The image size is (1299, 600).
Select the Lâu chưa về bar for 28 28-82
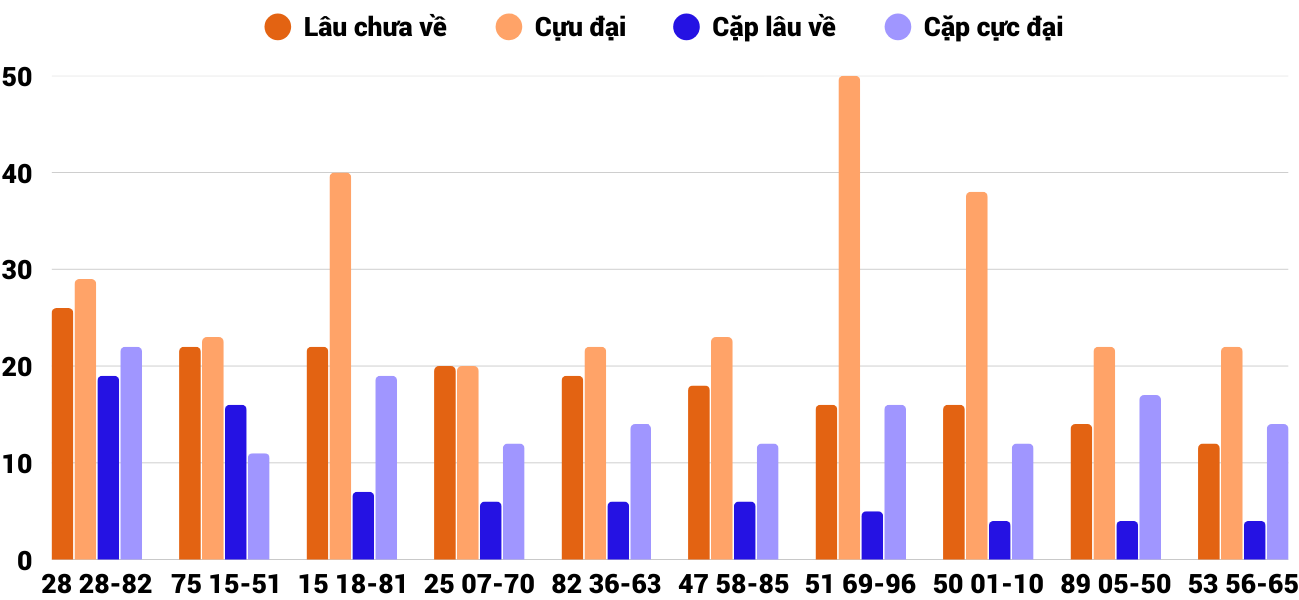[x=62, y=434]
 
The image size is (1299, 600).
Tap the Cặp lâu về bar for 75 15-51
[x=235, y=482]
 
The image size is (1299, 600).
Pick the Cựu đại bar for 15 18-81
[x=340, y=366]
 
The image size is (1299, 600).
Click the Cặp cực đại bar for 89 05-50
[x=1149, y=477]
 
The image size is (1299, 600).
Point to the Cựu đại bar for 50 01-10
[x=976, y=376]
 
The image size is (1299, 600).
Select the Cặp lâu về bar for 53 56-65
[x=1254, y=540]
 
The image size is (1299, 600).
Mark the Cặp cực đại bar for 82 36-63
[x=641, y=492]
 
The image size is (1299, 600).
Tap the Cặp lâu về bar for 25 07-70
[x=490, y=530]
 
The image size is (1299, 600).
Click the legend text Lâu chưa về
[x=375, y=27]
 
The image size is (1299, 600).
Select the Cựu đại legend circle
[x=509, y=27]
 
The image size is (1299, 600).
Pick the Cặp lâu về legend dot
[x=687, y=27]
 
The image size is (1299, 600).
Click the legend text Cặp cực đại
[x=993, y=27]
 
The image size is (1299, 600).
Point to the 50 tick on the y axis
[x=18, y=77]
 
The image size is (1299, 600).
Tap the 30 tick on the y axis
[x=18, y=270]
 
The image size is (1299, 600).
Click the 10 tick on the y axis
[x=18, y=464]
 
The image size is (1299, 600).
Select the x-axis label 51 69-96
[x=861, y=584]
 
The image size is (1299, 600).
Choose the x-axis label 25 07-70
[x=479, y=584]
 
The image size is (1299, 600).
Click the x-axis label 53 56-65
[x=1243, y=584]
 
